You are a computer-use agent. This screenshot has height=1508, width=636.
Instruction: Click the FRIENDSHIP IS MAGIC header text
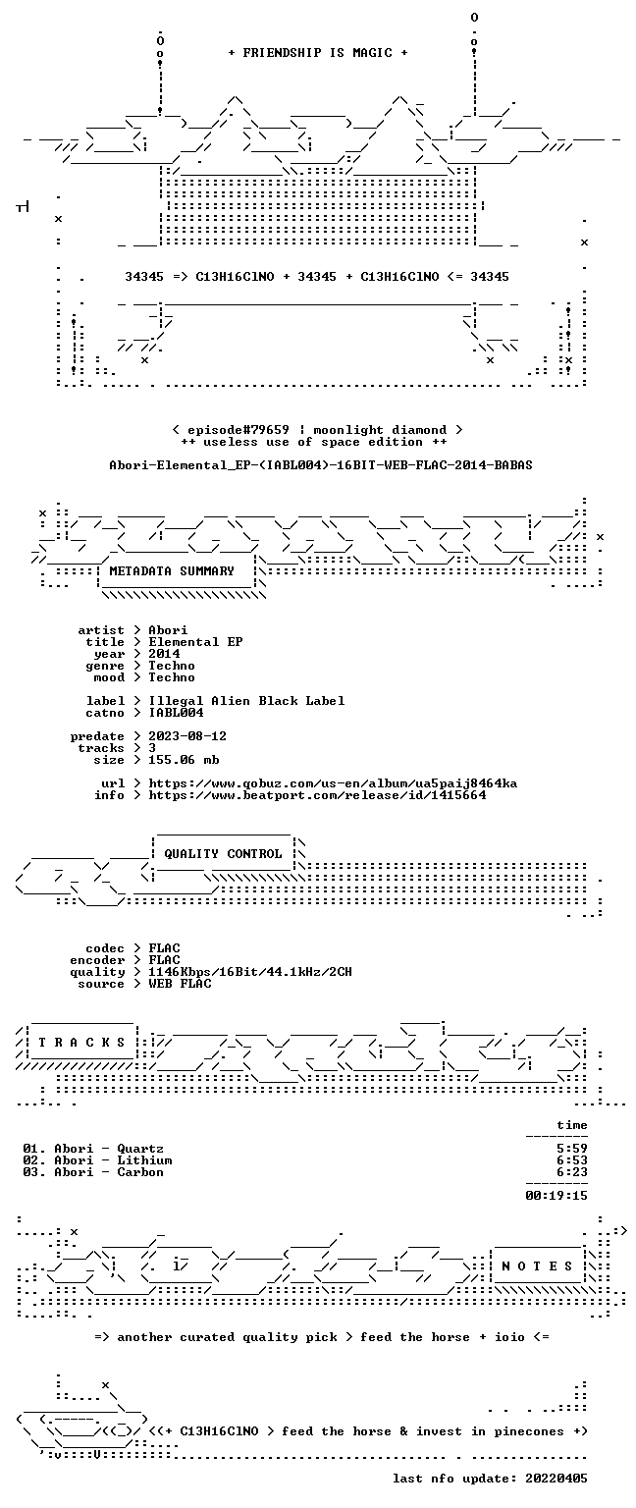click(x=318, y=52)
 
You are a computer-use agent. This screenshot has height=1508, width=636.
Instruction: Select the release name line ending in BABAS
click(x=320, y=464)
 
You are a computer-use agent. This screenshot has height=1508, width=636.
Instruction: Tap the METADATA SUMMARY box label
click(x=172, y=570)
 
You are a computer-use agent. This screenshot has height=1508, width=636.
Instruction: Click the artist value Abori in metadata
click(x=168, y=630)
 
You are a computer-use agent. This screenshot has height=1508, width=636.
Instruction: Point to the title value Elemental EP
click(x=195, y=641)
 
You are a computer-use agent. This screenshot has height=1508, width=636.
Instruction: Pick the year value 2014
click(x=164, y=654)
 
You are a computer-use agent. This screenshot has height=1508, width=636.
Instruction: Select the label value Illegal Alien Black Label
click(x=246, y=701)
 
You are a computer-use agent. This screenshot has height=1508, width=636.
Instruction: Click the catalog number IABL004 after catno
click(x=176, y=712)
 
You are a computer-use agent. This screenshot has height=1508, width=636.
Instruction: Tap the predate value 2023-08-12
click(x=187, y=735)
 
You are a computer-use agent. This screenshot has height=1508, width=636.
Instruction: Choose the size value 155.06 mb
click(x=184, y=759)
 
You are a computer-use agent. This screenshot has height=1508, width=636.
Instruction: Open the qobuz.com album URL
click(x=333, y=782)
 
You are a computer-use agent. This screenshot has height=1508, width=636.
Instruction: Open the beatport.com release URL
click(x=317, y=795)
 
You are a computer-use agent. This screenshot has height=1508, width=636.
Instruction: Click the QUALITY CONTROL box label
click(x=223, y=853)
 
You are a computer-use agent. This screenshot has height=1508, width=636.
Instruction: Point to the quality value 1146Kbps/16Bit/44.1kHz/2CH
click(x=249, y=971)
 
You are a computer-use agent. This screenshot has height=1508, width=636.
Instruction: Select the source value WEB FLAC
click(x=180, y=984)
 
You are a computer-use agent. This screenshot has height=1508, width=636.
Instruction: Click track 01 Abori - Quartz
click(x=93, y=1149)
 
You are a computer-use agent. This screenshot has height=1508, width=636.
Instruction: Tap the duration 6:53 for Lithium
click(x=572, y=1159)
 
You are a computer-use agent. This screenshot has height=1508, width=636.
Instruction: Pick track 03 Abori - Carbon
click(x=93, y=1172)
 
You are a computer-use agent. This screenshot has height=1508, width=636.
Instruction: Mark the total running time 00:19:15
click(x=556, y=1196)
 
